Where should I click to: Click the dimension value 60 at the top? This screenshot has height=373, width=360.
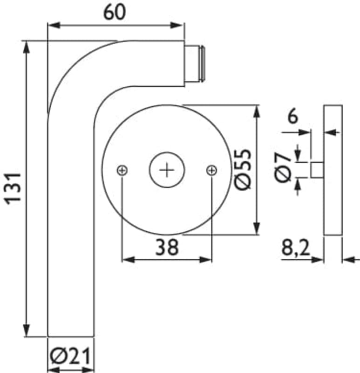(114, 13)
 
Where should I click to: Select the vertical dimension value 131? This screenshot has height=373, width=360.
(14, 189)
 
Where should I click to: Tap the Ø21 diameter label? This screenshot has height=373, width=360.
(71, 356)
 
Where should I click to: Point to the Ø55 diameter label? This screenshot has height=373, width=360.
(243, 169)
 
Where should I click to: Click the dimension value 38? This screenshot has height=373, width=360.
(167, 247)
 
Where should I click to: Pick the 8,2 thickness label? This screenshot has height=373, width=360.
(296, 248)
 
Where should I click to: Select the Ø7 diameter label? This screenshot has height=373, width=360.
(283, 168)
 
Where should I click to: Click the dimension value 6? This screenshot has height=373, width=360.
(293, 117)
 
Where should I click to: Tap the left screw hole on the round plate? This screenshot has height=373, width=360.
(122, 170)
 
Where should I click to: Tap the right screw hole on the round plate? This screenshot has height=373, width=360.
(211, 170)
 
